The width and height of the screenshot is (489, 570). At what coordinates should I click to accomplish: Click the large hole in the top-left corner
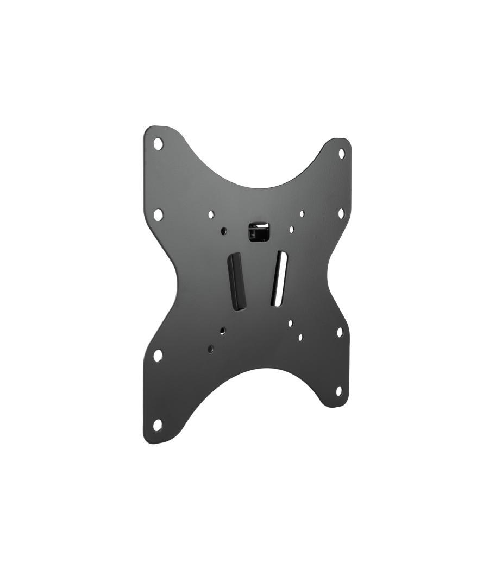[158, 144]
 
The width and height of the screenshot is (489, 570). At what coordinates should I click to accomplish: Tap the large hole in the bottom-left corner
[158, 425]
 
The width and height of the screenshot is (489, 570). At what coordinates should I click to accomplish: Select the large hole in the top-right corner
[342, 154]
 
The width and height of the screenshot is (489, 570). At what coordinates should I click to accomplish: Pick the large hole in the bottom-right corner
[338, 391]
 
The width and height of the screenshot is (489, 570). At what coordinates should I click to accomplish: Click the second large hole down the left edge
[158, 214]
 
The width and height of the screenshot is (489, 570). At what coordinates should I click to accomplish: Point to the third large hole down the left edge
[158, 356]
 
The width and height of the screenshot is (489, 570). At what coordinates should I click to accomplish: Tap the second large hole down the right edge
[341, 213]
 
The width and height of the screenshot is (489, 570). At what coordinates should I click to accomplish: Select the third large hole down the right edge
[340, 332]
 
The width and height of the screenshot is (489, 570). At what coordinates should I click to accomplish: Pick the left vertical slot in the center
[237, 281]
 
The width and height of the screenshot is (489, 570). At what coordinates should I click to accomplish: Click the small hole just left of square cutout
[224, 231]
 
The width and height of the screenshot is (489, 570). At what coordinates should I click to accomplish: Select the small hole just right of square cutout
[292, 230]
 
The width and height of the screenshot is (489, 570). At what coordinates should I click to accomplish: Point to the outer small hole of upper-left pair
[211, 215]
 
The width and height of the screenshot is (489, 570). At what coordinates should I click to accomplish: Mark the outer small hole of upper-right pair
[302, 214]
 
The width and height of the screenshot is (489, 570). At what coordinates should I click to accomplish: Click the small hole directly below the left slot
[223, 330]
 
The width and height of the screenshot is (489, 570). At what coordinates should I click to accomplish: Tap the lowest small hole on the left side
[210, 349]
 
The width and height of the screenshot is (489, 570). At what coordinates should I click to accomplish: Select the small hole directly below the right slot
[290, 323]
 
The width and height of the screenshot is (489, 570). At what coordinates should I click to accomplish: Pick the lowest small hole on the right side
[300, 337]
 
